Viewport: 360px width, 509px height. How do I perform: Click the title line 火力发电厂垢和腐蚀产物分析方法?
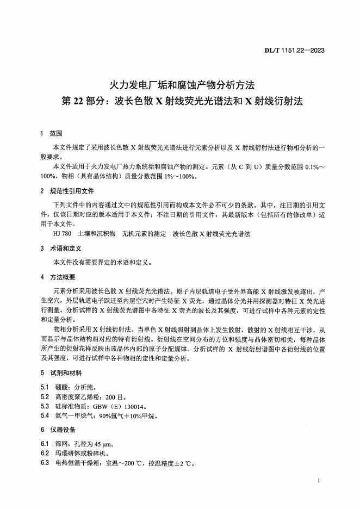(180, 85)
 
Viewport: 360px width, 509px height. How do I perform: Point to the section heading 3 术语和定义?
(60, 248)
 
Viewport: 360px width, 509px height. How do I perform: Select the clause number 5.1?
(45, 387)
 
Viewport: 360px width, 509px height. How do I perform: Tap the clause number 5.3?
(45, 406)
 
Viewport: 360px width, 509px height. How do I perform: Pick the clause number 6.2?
(45, 454)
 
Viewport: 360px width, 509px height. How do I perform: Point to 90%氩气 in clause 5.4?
(108, 416)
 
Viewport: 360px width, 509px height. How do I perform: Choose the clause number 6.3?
(45, 463)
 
